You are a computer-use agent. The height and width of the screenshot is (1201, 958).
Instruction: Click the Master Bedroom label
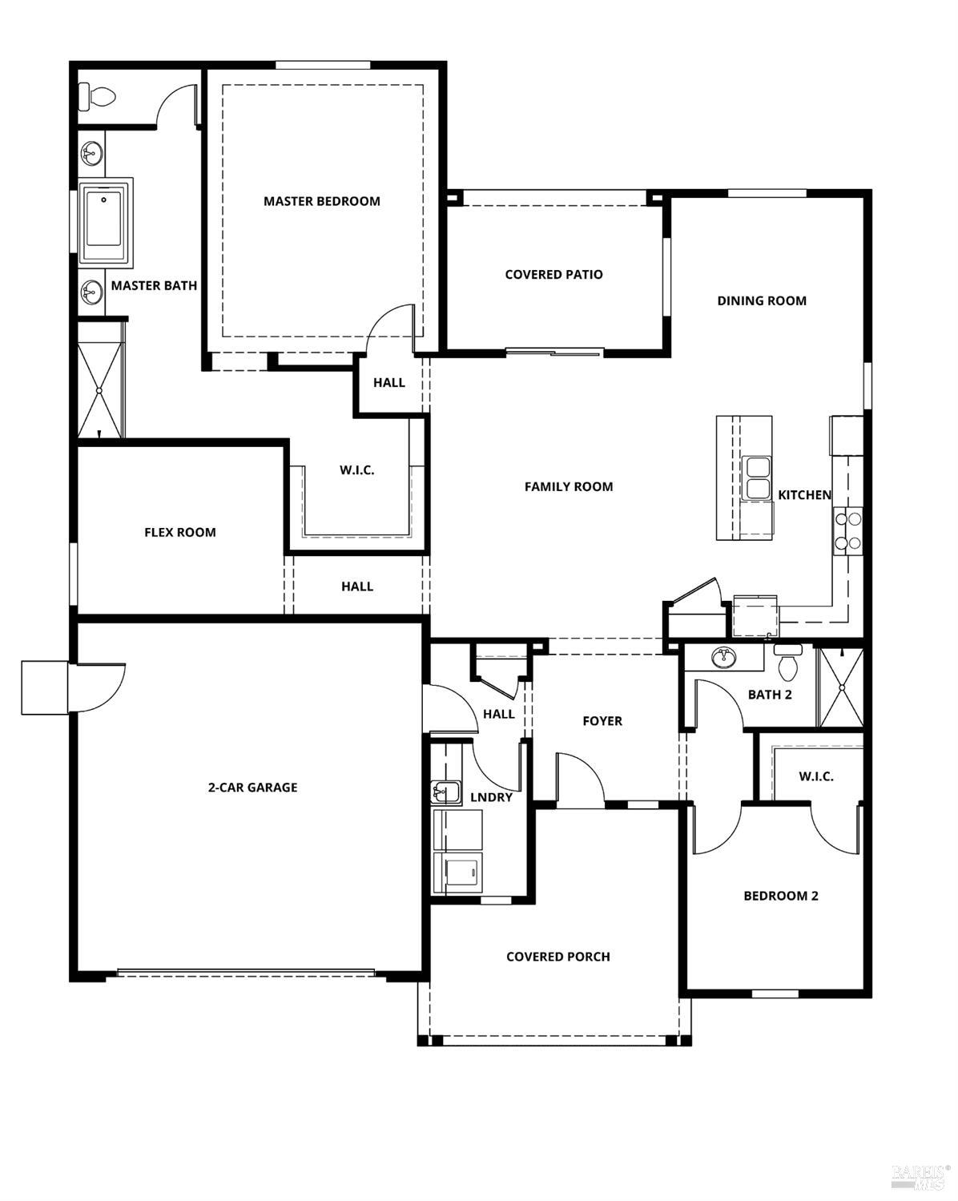click(321, 201)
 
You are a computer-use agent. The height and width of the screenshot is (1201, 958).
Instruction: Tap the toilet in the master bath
click(98, 98)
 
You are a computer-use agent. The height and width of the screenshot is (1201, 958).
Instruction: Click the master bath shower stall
click(99, 378)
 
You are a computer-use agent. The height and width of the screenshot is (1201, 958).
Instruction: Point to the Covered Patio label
click(553, 275)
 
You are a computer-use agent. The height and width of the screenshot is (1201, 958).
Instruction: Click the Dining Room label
click(761, 301)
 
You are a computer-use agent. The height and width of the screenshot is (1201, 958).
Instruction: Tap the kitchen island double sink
click(755, 478)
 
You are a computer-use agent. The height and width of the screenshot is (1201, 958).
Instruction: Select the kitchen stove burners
click(847, 531)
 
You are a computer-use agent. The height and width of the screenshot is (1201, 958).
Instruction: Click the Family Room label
click(568, 486)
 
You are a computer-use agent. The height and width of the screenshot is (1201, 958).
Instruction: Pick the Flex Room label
click(179, 532)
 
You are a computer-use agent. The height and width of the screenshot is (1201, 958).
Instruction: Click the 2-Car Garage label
click(252, 788)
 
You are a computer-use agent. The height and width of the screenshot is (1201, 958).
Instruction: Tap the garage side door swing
click(100, 686)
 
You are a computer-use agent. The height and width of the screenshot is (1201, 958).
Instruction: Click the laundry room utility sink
click(445, 792)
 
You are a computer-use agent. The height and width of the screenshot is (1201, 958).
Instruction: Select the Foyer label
click(602, 721)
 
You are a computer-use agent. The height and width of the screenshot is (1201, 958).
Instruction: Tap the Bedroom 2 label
click(780, 896)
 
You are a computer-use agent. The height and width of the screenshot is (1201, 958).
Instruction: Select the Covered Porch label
click(557, 957)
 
